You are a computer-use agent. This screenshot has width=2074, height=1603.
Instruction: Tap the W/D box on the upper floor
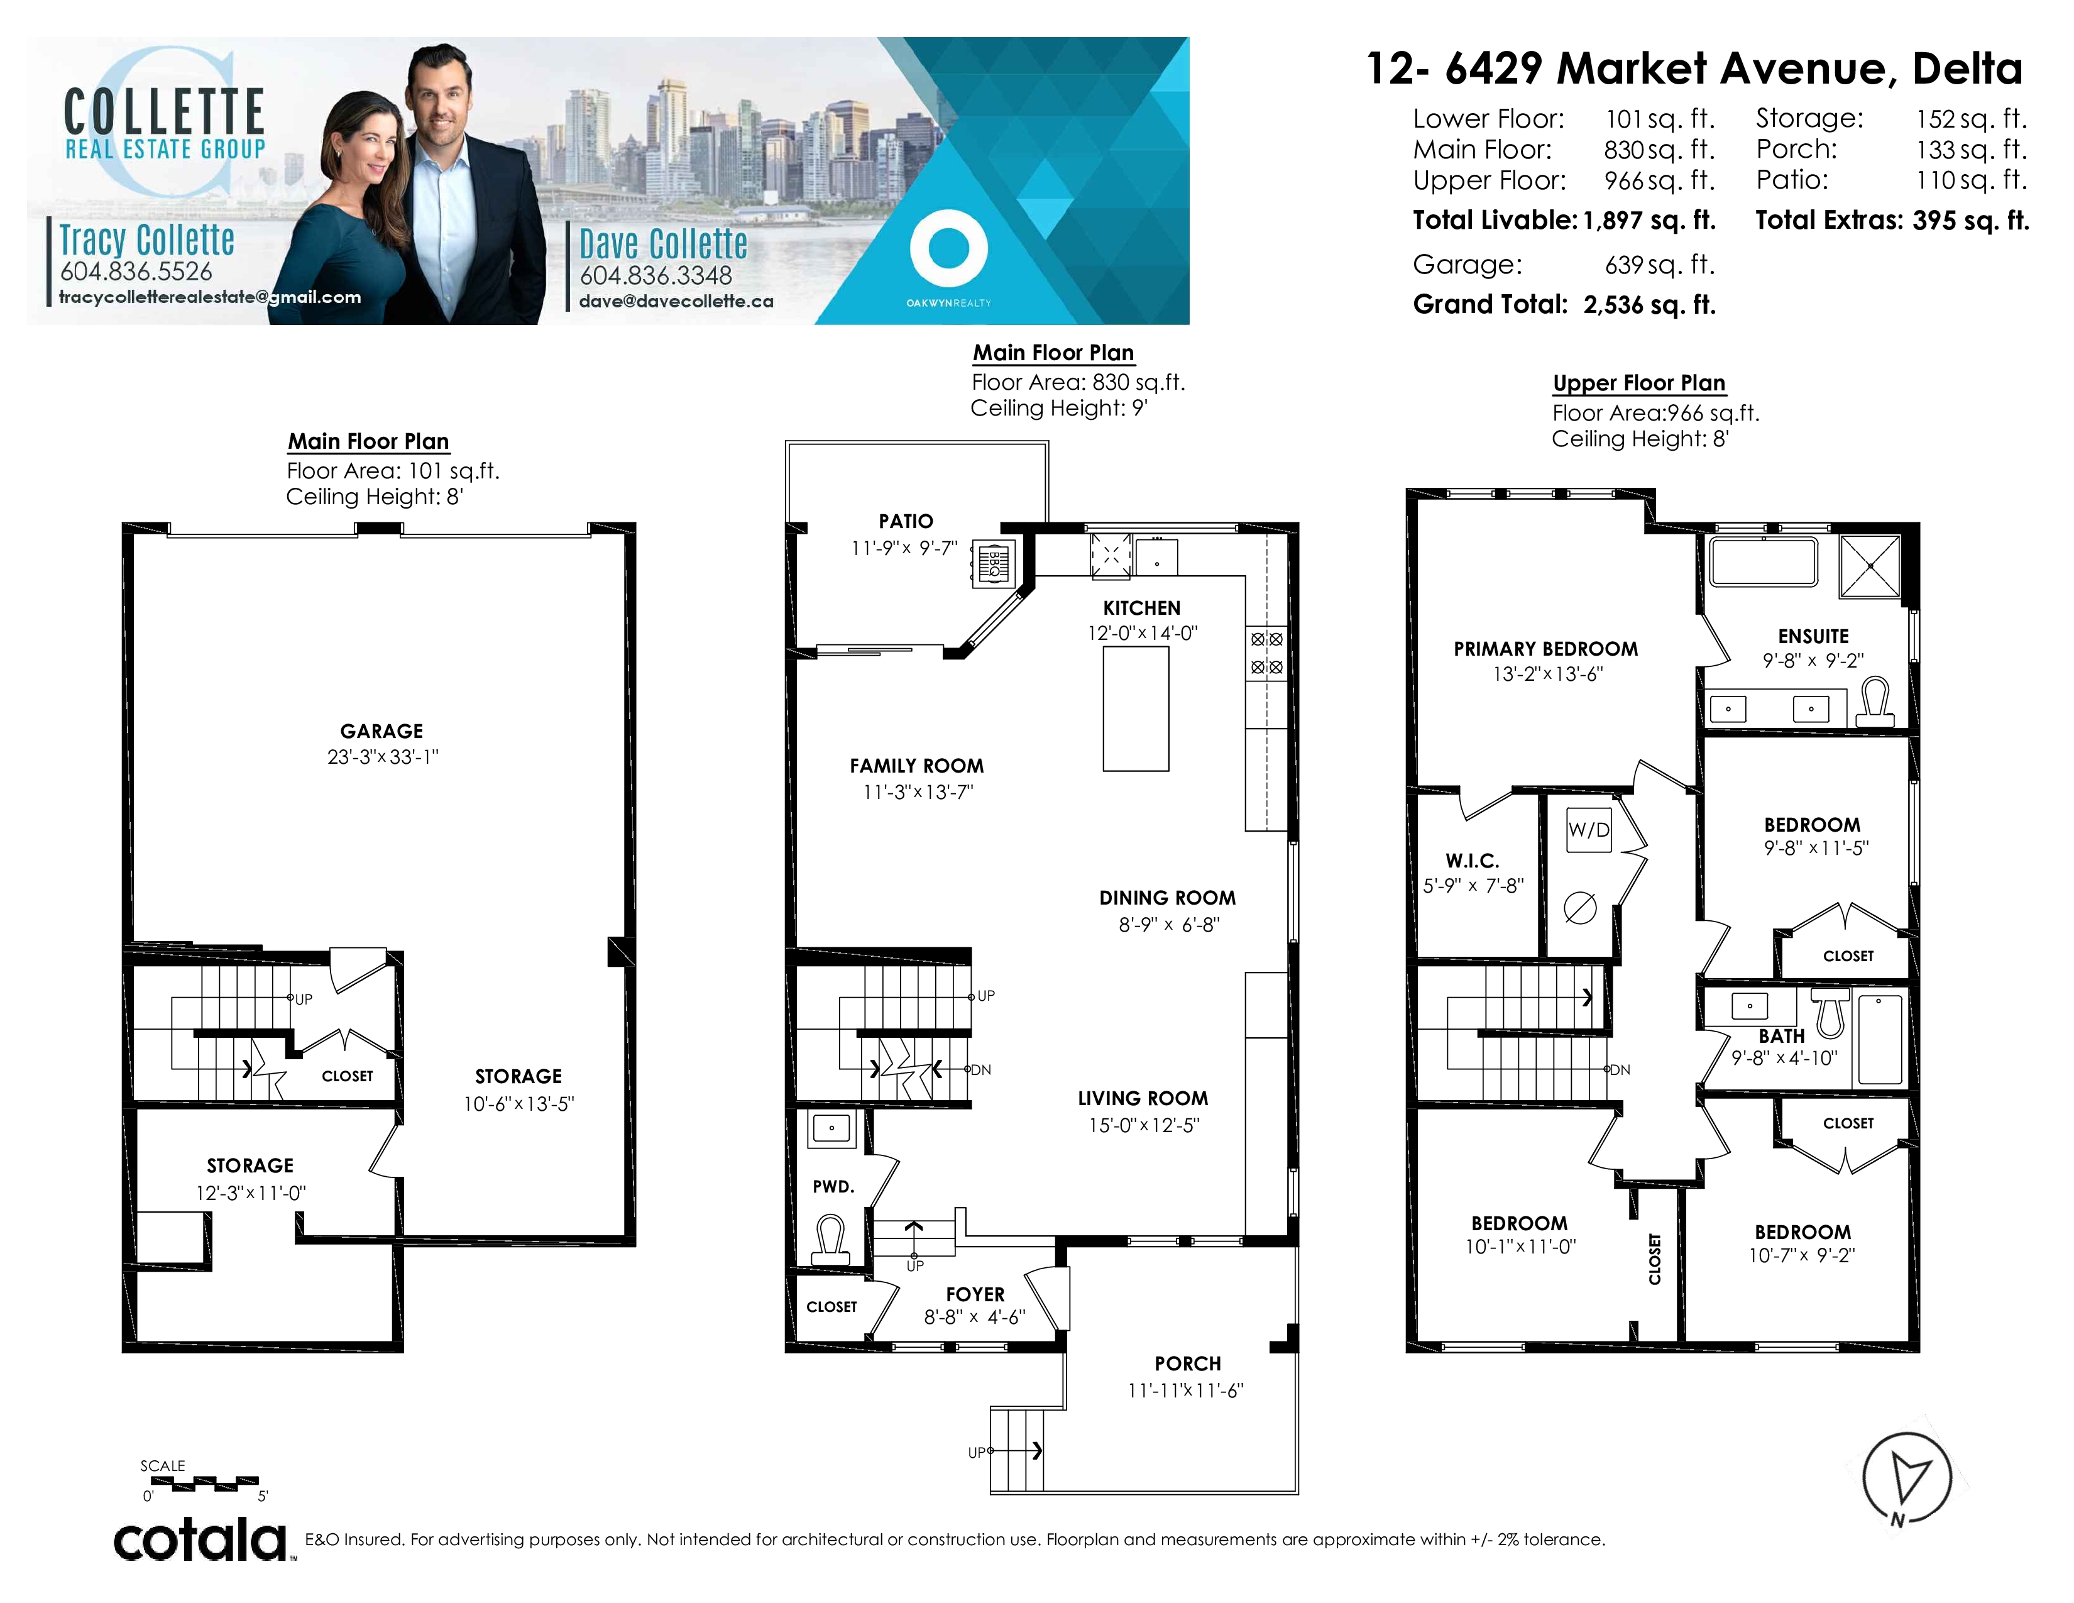coord(1589,829)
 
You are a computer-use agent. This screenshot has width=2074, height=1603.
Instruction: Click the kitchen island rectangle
coord(1136,708)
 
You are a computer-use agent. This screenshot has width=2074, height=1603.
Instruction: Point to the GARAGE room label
coord(381,731)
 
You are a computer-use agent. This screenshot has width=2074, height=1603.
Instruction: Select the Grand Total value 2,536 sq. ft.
coord(1650,305)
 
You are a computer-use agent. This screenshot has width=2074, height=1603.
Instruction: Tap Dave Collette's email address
coord(676,301)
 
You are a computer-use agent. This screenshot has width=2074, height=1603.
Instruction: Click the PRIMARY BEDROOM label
coord(1546,649)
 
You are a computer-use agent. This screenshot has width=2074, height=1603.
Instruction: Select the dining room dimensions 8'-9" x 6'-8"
coord(1169,924)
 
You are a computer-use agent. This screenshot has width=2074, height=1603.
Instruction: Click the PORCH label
coord(1188,1363)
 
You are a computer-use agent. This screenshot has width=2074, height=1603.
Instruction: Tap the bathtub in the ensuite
coord(1764,562)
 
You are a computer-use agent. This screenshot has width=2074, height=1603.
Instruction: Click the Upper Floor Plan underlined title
coord(1639,383)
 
